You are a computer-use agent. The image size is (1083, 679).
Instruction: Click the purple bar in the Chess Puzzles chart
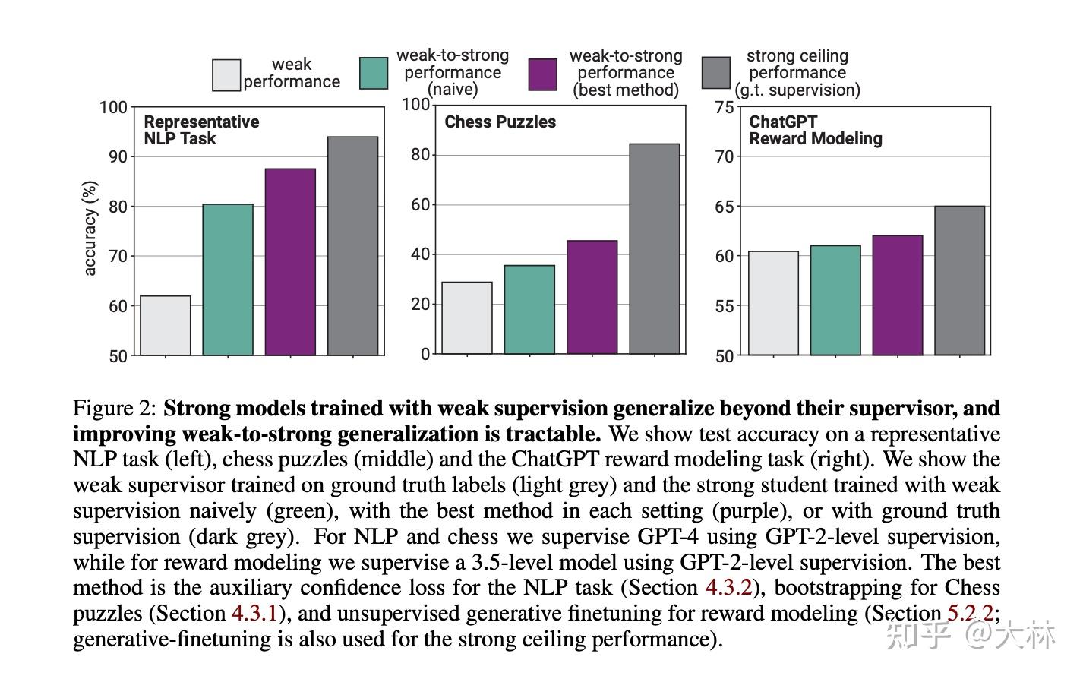[592, 297]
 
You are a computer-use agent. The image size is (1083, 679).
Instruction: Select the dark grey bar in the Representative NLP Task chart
[352, 246]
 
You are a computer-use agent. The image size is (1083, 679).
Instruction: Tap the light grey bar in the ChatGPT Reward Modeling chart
[773, 303]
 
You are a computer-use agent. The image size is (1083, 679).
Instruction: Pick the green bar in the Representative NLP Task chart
[228, 279]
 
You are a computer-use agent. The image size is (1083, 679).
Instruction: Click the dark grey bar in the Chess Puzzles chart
[654, 248]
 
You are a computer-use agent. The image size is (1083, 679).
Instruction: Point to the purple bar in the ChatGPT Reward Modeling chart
[897, 295]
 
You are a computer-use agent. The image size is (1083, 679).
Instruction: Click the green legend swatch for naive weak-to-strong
[373, 74]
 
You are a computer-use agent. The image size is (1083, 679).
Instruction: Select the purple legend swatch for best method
[542, 74]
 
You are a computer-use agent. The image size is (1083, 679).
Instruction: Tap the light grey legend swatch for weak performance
[226, 75]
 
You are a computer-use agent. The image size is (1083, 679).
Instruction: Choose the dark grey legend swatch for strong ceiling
[715, 73]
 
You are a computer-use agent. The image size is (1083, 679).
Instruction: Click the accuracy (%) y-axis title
[90, 228]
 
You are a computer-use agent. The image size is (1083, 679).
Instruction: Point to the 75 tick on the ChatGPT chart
[725, 107]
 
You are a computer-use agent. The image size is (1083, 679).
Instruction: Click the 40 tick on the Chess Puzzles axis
[420, 254]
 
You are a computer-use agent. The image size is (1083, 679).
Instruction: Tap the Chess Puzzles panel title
[500, 122]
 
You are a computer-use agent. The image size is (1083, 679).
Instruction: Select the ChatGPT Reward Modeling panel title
[815, 130]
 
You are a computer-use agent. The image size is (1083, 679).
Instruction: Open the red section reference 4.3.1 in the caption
[254, 614]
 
